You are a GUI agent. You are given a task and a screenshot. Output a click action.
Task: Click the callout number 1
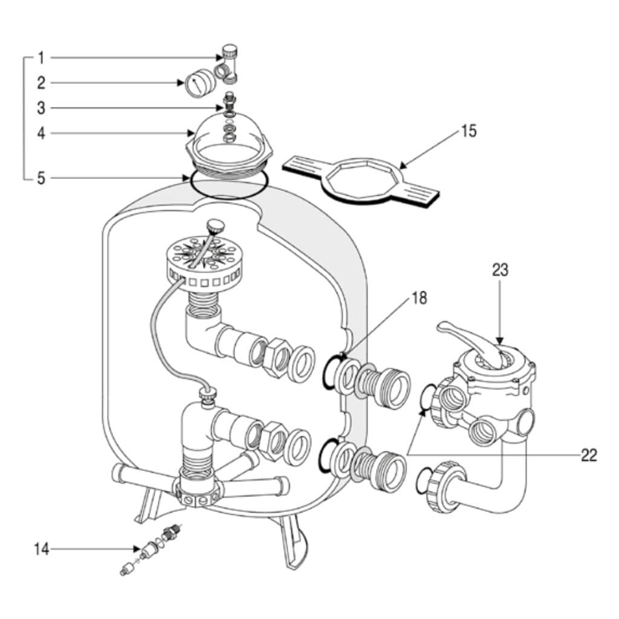click(x=41, y=58)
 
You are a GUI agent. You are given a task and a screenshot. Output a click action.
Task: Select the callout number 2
click(x=41, y=83)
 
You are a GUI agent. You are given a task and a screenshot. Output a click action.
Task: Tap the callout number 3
click(x=41, y=108)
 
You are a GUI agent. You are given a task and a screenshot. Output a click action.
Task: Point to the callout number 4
click(x=41, y=134)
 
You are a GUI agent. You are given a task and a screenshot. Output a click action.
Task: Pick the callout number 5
click(x=41, y=178)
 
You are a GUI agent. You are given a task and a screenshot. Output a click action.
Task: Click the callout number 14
click(x=42, y=549)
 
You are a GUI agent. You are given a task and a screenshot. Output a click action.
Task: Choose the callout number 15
click(x=468, y=131)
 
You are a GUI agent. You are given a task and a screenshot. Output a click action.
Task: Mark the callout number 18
click(x=420, y=299)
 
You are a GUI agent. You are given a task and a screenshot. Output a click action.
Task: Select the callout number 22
click(x=589, y=456)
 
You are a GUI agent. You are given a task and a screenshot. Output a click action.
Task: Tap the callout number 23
click(x=500, y=270)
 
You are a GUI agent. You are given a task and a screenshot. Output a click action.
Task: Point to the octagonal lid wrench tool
click(x=360, y=180)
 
